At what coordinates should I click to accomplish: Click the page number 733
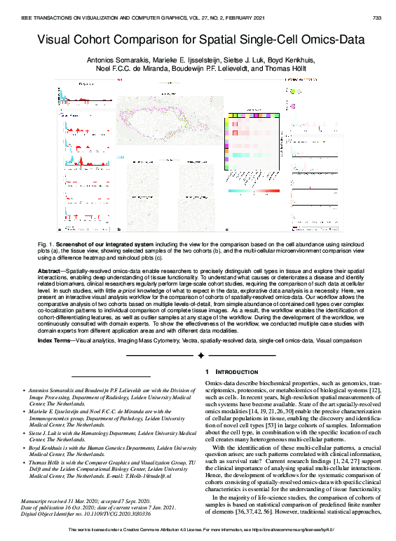pyautogui.click(x=376, y=18)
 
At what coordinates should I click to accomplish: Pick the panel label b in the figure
pyautogui.click(x=118, y=229)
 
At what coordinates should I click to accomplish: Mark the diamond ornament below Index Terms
pyautogui.click(x=201, y=356)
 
